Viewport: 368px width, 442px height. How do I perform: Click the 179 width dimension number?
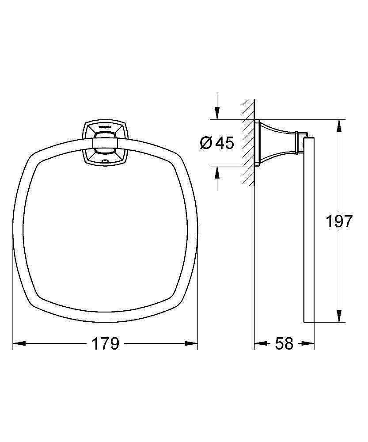(x=106, y=343)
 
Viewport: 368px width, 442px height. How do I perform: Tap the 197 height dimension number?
(x=339, y=221)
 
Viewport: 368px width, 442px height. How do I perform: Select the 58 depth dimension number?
(x=284, y=343)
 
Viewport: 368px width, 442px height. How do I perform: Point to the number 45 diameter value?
(x=224, y=143)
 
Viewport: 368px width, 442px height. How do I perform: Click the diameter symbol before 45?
(x=206, y=143)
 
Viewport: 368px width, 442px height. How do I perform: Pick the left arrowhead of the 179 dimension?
(x=19, y=343)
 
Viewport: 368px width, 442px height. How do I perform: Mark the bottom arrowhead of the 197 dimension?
(x=340, y=316)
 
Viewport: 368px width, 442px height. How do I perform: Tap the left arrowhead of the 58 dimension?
(x=261, y=343)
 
